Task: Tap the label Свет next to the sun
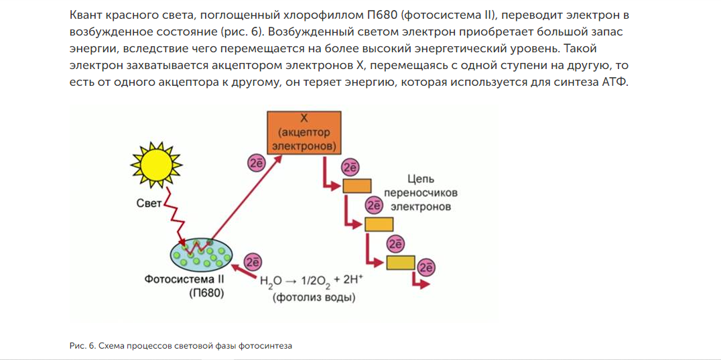149,203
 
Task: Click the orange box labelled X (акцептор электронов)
304,132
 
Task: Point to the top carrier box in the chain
357,186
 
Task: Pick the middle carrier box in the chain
379,223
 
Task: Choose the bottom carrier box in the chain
400,261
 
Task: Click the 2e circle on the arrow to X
257,163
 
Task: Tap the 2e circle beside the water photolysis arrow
253,261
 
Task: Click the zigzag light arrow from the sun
176,215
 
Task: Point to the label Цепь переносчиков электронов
421,193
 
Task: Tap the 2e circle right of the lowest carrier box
426,267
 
